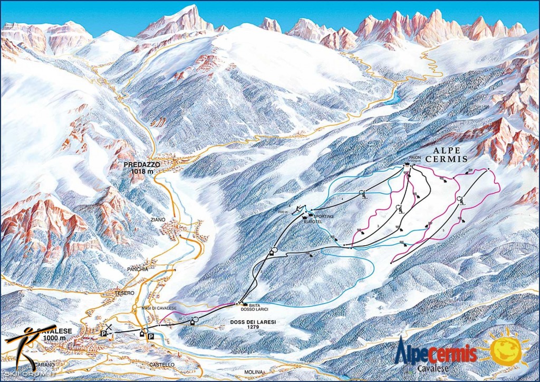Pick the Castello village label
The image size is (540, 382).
tap(161, 365)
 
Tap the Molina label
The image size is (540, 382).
tap(254, 372)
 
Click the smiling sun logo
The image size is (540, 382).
tap(509, 348)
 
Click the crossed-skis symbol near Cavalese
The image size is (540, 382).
tap(109, 328)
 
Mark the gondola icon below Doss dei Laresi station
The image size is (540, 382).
tap(192, 323)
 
